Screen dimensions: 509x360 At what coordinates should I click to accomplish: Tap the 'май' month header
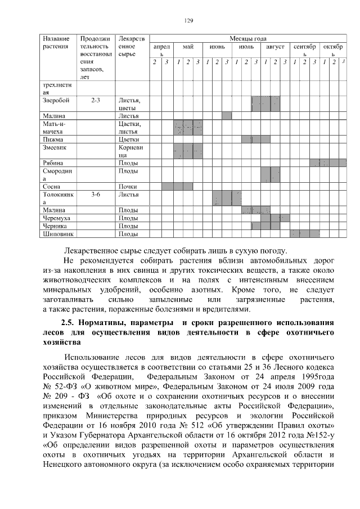pos(188,47)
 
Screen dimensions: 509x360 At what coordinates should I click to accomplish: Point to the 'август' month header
pos(275,47)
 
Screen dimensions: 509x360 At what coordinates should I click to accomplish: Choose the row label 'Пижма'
pos(52,139)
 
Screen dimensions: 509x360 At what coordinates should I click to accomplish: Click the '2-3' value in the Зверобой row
pos(95,100)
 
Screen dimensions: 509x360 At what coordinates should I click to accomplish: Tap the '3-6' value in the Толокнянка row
pos(95,195)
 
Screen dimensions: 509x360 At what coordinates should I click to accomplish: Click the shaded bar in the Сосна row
pos(177,186)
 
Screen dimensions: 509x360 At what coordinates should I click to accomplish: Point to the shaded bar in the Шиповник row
pos(304,233)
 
